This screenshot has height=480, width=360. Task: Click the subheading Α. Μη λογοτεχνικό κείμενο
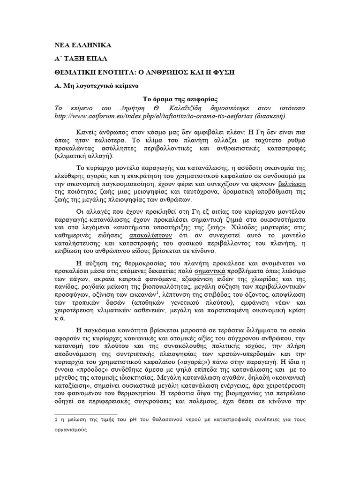pyautogui.click(x=95, y=87)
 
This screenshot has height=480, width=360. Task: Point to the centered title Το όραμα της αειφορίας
pyautogui.click(x=180, y=100)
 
